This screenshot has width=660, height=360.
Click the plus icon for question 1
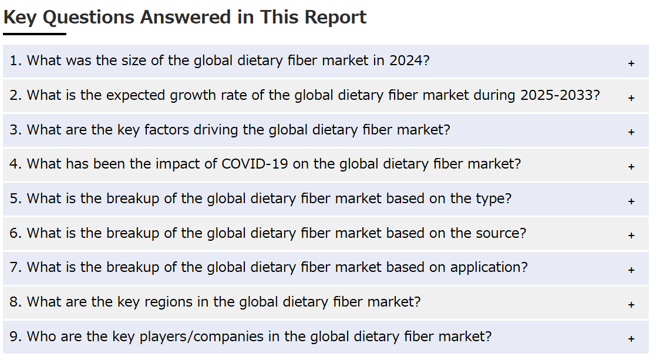coord(631,63)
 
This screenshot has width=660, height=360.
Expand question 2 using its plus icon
coord(631,97)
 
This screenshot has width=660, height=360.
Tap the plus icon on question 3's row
coord(631,132)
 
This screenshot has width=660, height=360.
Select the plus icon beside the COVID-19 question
coord(631,167)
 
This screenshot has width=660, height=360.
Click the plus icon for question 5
coord(631,201)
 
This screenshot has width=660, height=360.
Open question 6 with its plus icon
coord(631,235)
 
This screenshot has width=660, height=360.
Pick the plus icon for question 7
coord(631,270)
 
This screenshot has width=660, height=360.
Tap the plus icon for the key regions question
coord(631,304)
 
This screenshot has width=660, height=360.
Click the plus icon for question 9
coord(631,338)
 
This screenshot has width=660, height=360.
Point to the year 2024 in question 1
coord(406,60)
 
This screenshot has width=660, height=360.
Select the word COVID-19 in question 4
coord(255,164)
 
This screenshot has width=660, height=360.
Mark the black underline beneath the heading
coord(35,34)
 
